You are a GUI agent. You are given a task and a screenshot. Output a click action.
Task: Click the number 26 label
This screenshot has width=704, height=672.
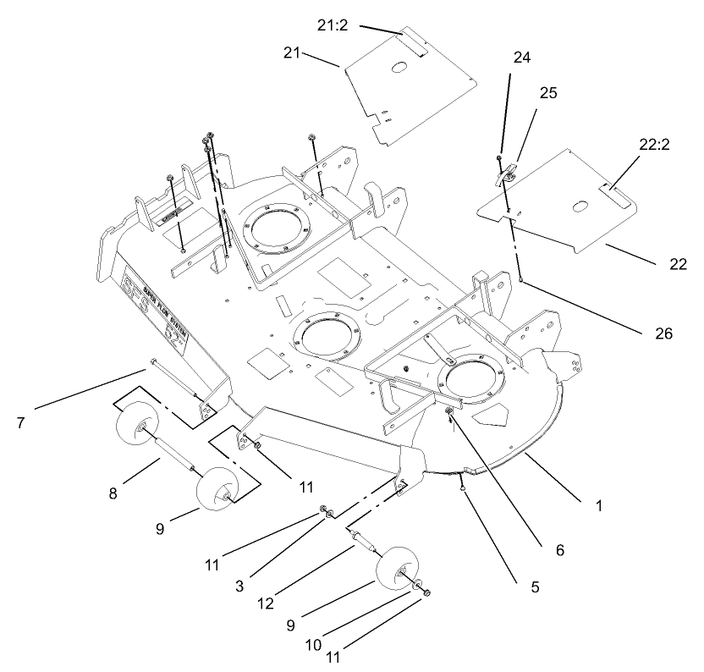[663, 333]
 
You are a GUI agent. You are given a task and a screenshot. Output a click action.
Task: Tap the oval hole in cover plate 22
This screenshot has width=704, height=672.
[578, 206]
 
